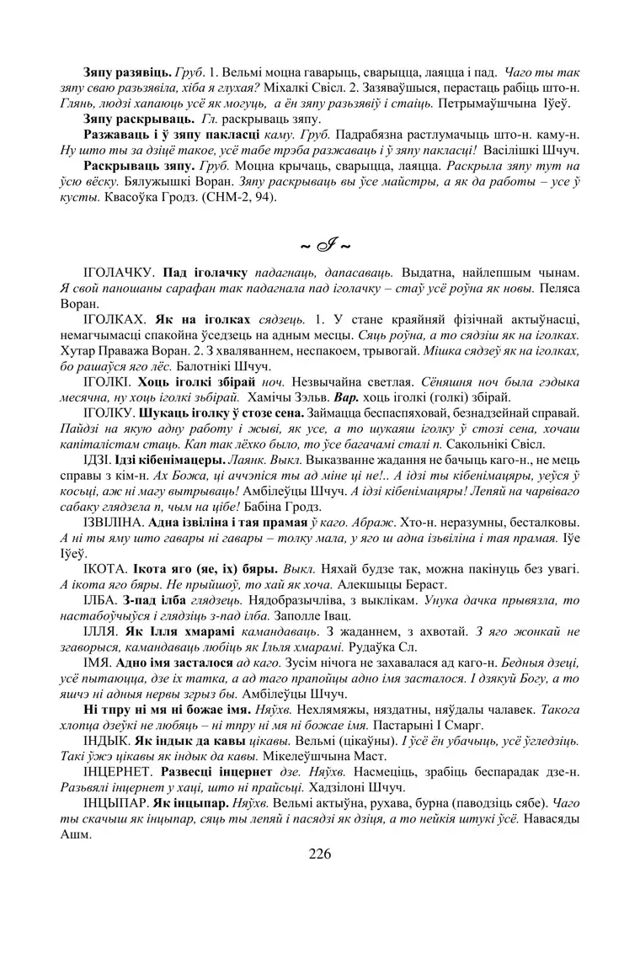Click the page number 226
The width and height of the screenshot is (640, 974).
[x=320, y=854]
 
